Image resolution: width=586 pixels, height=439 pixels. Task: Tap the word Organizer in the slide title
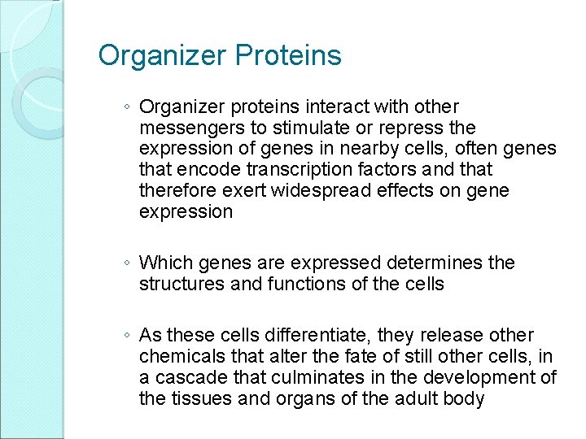click(162, 56)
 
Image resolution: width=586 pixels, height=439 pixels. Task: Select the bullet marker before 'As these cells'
click(129, 336)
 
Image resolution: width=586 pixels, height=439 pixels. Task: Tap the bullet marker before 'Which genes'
click(129, 263)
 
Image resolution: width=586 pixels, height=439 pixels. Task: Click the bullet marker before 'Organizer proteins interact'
click(129, 107)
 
